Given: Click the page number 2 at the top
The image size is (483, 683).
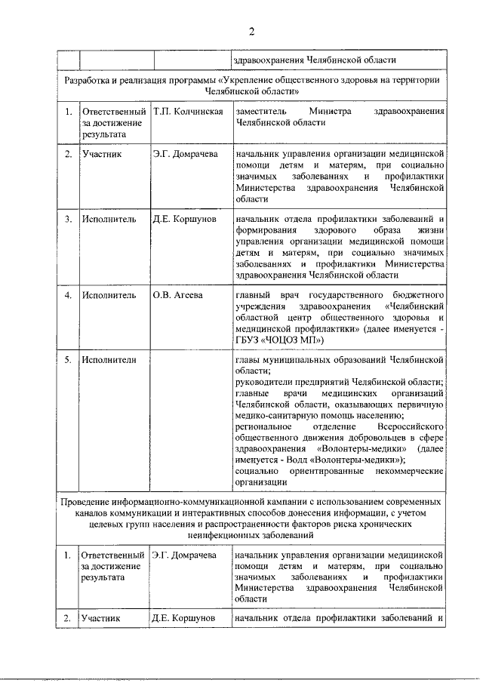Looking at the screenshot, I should coord(252,31).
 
